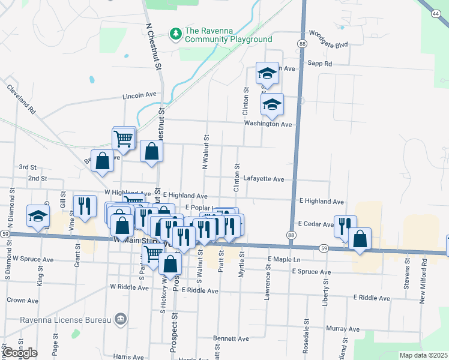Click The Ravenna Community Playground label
click(228, 35)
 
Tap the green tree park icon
click(176, 34)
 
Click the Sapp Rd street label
click(319, 63)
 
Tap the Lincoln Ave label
click(139, 95)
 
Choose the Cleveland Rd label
click(22, 99)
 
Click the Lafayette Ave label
click(264, 179)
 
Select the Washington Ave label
click(268, 124)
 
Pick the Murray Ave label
click(343, 329)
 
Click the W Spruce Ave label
click(34, 259)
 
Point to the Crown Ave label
click(23, 300)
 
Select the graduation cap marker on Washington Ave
click(272, 105)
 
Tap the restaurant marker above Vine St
click(84, 206)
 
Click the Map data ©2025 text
click(424, 355)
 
